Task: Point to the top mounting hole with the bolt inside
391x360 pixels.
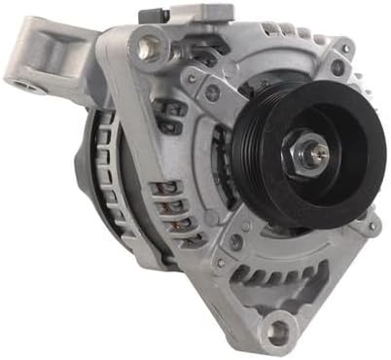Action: pos(150,44)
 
